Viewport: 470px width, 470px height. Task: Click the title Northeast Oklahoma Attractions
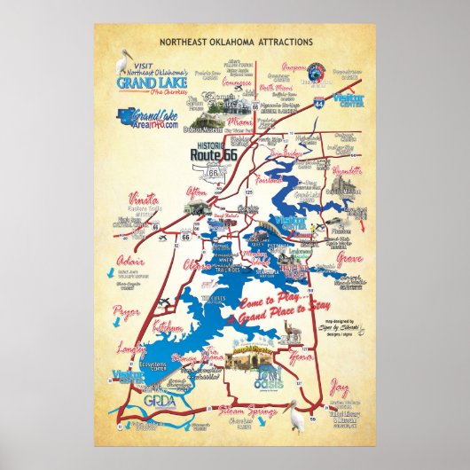point(235,42)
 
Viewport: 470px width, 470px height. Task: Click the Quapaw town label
point(294,67)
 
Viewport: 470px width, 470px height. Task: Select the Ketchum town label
point(168,328)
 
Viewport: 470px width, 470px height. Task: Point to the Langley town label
point(130,350)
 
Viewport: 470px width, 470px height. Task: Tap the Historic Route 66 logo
point(215,152)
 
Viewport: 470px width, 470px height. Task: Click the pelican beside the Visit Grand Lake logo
point(125,62)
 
